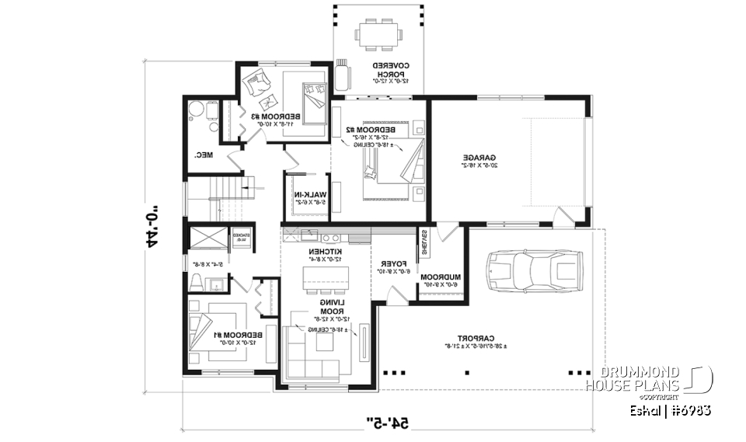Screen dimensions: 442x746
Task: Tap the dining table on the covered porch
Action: coord(379,33)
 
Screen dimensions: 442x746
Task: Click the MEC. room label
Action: coord(204,155)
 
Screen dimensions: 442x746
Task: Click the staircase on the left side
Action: coord(214,200)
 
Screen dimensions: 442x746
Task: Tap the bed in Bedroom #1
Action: coord(205,329)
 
